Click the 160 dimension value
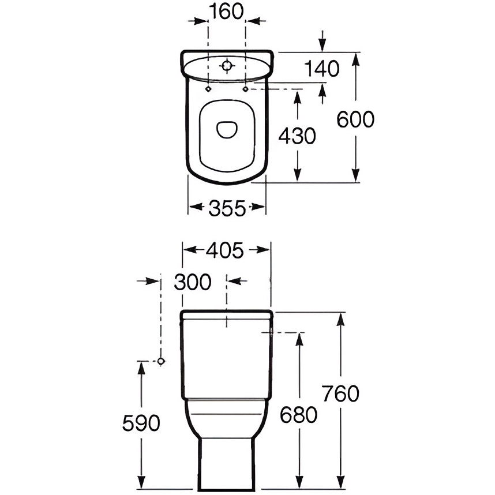coord(226,12)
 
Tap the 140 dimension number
coord(322,69)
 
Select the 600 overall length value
coord(355,119)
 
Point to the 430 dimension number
coord(297,136)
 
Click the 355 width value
coord(227,208)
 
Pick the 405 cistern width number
coord(225,250)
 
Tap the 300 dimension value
coord(193,282)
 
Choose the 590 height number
coord(141,423)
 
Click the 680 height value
coord(298,415)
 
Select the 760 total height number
coord(341,393)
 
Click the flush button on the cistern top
coord(226,66)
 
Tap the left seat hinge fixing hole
coord(208,89)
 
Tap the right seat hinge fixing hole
coord(245,89)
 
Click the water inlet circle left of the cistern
coord(161,361)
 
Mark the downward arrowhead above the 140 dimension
coord(322,44)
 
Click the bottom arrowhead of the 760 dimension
coord(340,481)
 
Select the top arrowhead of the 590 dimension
coord(141,369)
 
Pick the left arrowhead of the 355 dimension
coord(196,207)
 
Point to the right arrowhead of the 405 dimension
coord(262,250)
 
